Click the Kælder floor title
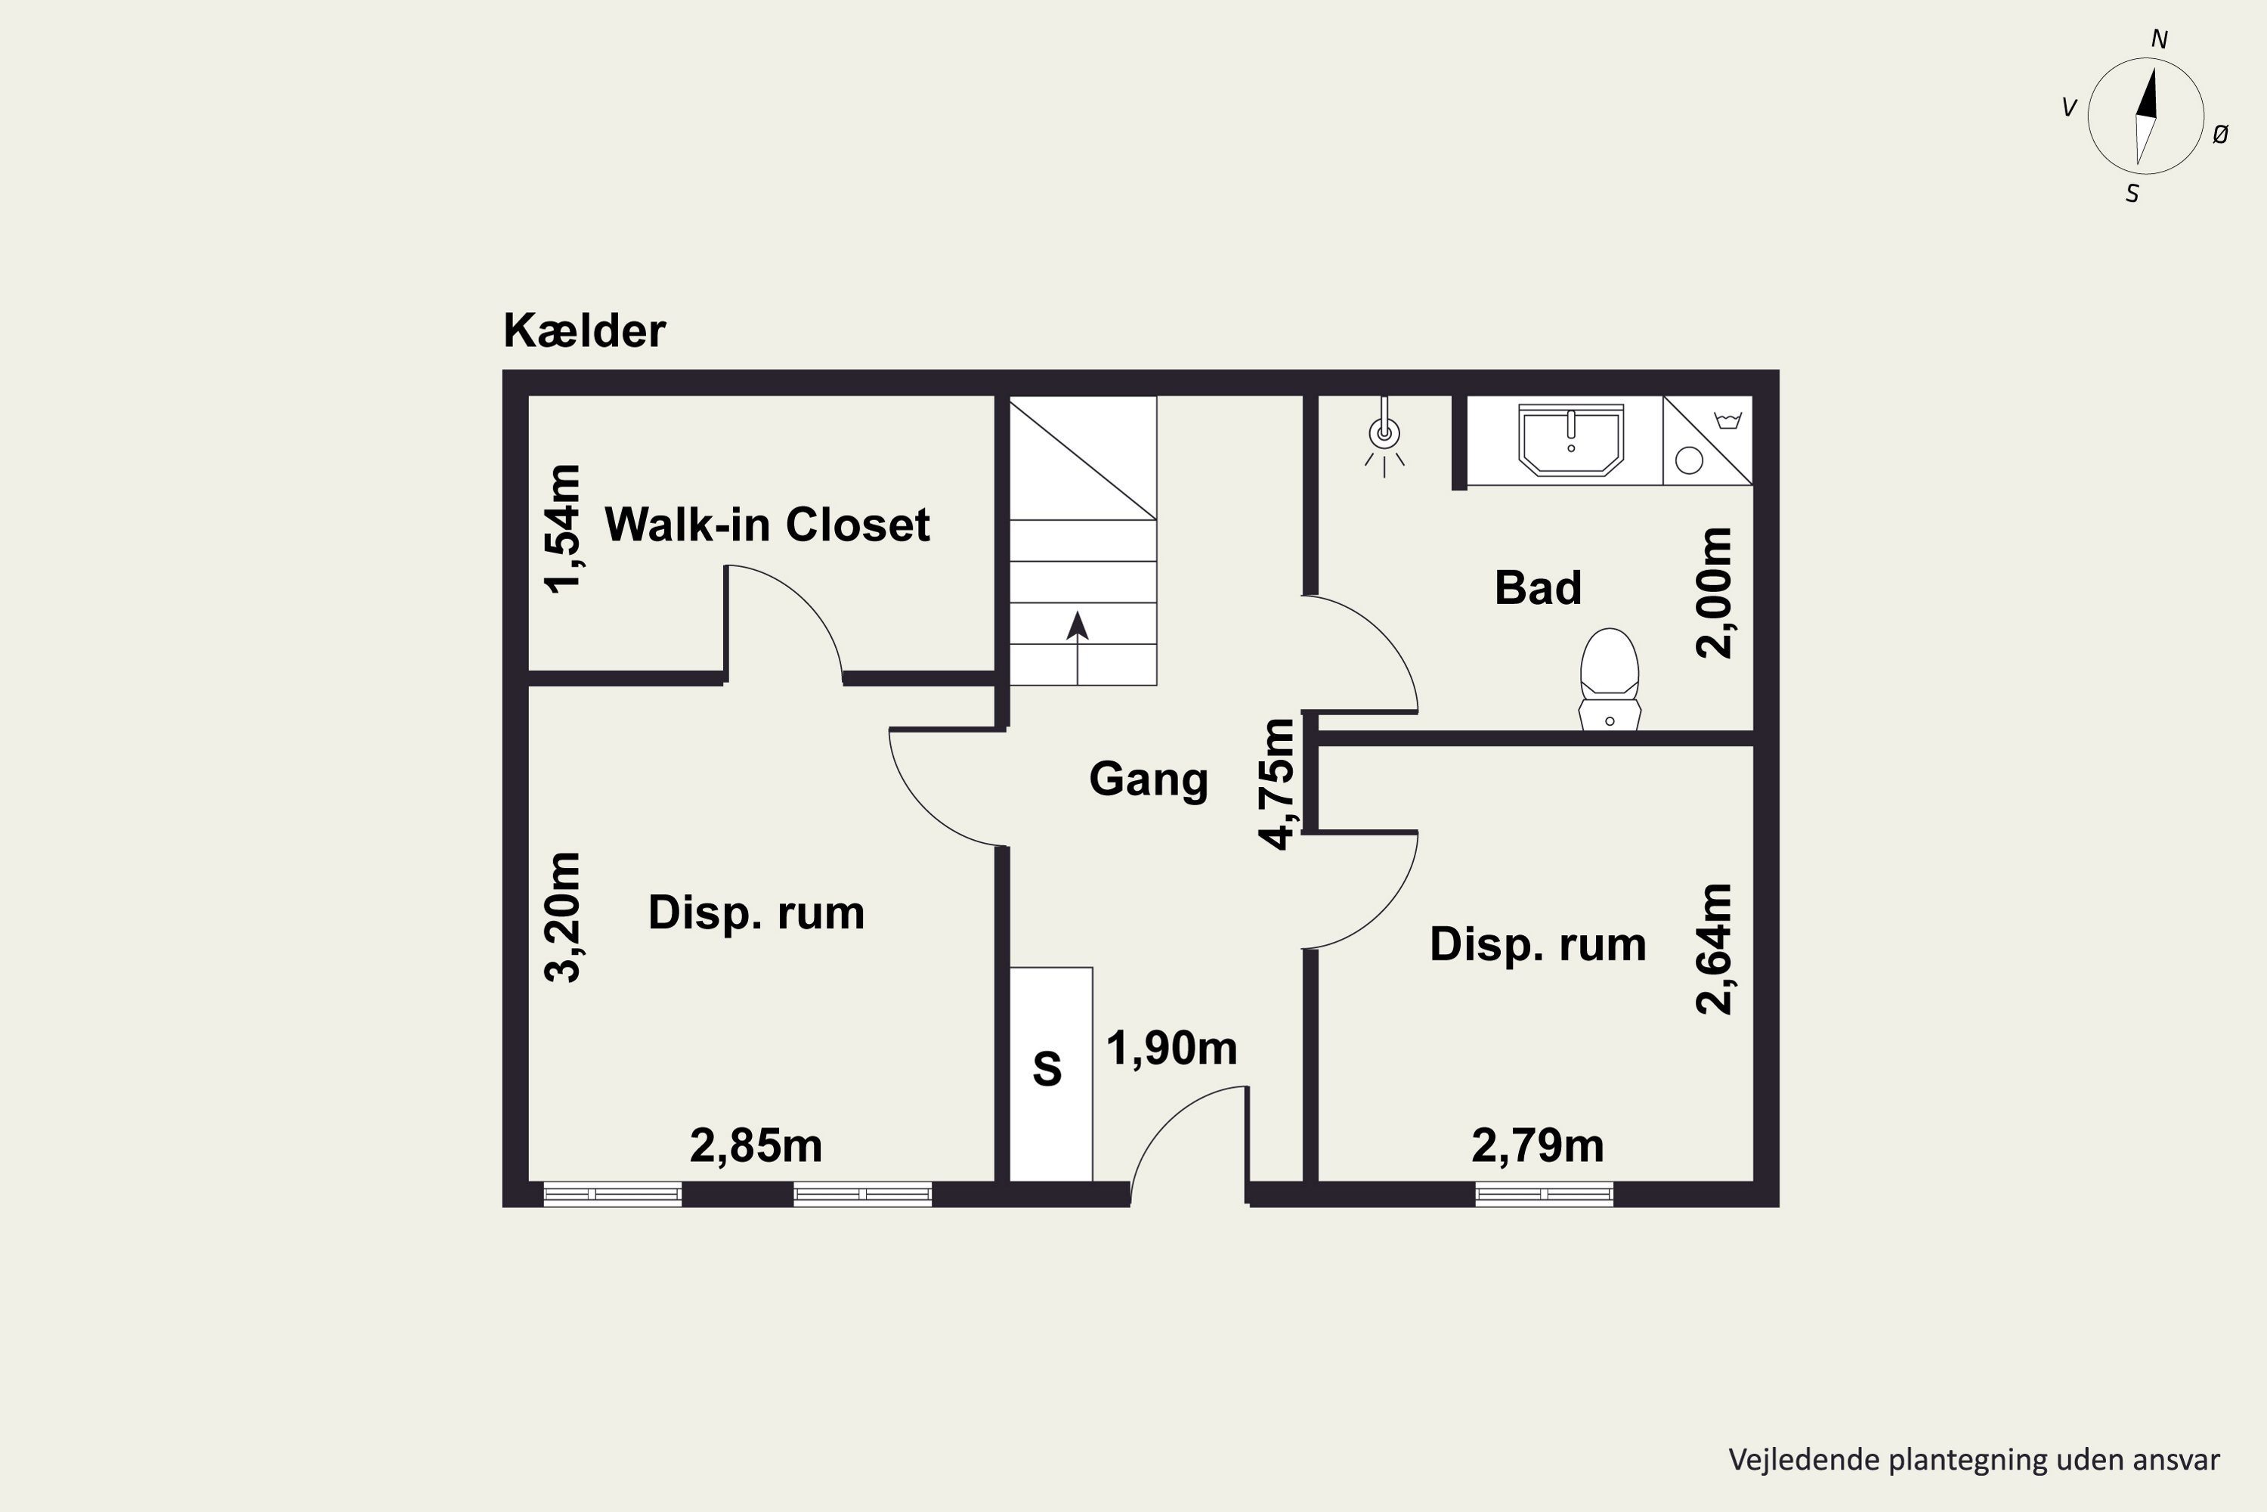(584, 331)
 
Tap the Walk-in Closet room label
(766, 525)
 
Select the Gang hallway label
(1148, 780)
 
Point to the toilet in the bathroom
(1610, 679)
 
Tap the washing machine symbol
(1707, 441)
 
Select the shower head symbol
(1384, 436)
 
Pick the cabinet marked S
(1050, 1074)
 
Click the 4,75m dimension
(1278, 784)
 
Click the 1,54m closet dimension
(563, 528)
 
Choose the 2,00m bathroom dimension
(1714, 593)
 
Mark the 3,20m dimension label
(563, 917)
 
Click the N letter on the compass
(2159, 39)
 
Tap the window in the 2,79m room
(1544, 1194)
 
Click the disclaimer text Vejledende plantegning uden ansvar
(1974, 1460)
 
